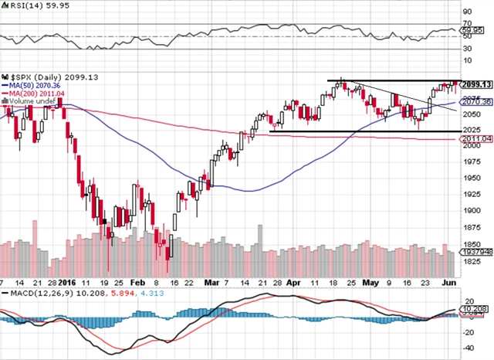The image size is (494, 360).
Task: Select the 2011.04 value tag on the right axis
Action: [475, 139]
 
